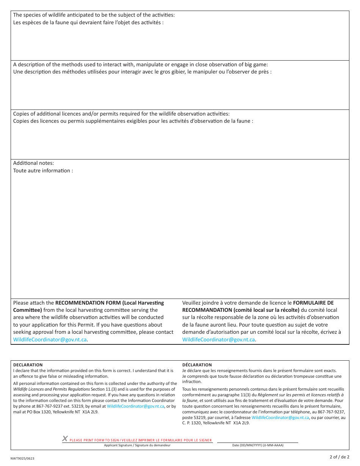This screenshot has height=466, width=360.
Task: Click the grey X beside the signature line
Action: [x=65, y=439]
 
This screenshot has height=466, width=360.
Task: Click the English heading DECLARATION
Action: [x=28, y=365]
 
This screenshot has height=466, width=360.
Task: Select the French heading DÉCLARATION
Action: [x=197, y=365]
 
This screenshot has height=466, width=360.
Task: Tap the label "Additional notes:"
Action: [x=33, y=163]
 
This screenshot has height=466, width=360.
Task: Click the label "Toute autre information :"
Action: [x=43, y=171]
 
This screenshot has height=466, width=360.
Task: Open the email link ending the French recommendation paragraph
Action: [x=219, y=339]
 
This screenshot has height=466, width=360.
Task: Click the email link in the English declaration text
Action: [x=135, y=406]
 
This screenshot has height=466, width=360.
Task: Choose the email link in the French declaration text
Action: [x=280, y=418]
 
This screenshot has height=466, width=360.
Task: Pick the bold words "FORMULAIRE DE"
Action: [x=313, y=303]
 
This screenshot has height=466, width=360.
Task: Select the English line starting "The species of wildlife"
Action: [x=94, y=15]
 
